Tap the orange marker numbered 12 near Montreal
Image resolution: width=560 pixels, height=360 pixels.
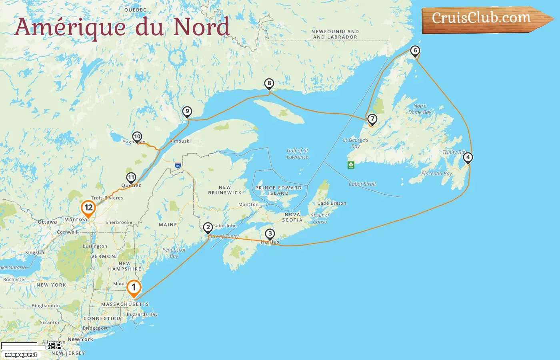88,208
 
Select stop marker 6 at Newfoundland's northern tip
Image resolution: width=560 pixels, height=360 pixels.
415,51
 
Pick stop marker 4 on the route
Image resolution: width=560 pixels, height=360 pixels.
468,158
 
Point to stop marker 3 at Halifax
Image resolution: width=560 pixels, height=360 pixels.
270,234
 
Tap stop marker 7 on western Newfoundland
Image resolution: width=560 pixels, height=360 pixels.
372,119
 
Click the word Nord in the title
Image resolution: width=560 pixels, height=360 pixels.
201,26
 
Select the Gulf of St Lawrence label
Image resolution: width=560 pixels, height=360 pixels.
297,154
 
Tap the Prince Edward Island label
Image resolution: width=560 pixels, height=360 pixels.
278,190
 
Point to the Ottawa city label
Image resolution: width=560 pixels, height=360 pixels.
47,222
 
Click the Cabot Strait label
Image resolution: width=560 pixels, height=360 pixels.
362,184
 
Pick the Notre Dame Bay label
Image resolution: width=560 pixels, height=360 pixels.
420,109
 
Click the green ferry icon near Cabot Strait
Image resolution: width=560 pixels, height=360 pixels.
351,165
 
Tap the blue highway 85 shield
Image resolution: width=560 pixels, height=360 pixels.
178,165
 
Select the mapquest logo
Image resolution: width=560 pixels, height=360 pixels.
21,354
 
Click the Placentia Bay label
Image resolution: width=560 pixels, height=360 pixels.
436,174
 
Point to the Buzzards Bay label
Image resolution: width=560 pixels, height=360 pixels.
142,314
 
